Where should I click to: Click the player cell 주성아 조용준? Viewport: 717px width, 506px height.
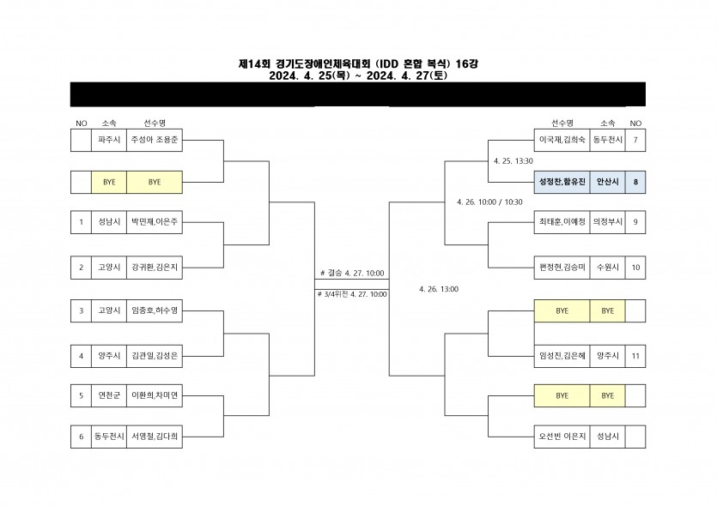(155, 139)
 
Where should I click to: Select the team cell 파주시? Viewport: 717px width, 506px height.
(109, 139)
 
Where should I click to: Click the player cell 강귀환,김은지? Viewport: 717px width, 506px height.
(155, 267)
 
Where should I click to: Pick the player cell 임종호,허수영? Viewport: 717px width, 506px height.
(155, 310)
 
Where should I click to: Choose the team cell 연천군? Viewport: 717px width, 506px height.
(109, 395)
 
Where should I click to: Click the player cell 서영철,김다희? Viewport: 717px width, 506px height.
(155, 437)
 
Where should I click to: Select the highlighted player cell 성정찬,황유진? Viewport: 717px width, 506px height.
(562, 182)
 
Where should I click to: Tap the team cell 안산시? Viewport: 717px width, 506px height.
(607, 182)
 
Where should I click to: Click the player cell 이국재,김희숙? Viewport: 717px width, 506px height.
(562, 139)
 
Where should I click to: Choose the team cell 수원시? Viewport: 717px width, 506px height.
(607, 267)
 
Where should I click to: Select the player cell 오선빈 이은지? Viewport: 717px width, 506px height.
(562, 437)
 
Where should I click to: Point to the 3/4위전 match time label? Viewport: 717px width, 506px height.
(352, 294)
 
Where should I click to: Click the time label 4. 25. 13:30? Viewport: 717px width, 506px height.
(514, 160)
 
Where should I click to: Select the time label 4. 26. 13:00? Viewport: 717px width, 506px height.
(438, 289)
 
